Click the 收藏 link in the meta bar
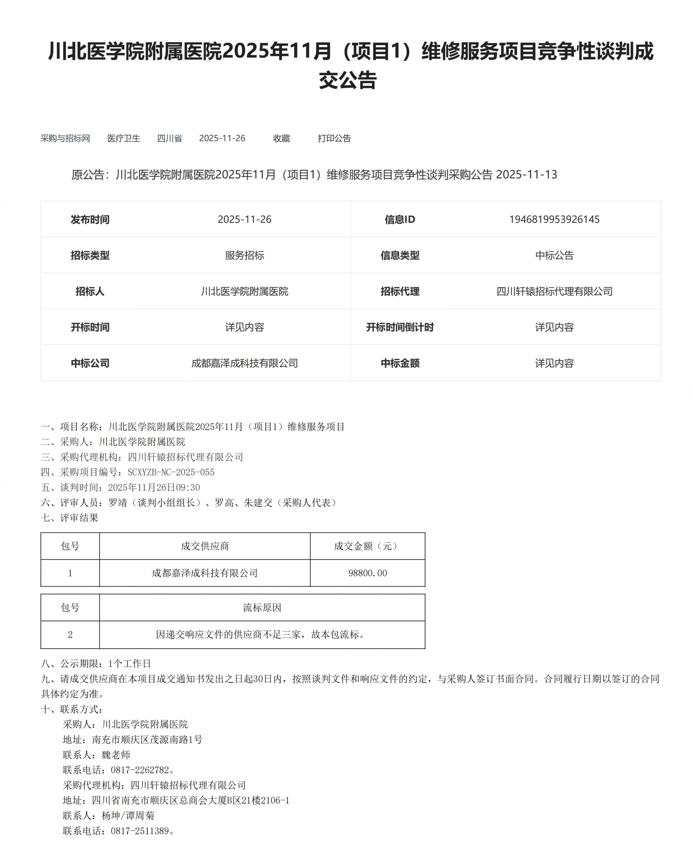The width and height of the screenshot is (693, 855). [281, 138]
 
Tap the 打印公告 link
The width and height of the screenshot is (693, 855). [334, 138]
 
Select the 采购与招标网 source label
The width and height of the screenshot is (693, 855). [65, 138]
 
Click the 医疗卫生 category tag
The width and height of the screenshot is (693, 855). [124, 138]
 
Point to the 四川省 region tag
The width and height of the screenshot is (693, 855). [170, 138]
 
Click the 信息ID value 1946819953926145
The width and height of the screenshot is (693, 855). [554, 219]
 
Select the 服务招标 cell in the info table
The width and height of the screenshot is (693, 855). [244, 255]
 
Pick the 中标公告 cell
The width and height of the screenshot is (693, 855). [554, 255]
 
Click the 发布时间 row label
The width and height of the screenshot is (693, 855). [90, 219]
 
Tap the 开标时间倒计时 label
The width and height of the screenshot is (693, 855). [400, 327]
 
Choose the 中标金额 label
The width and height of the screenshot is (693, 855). [400, 363]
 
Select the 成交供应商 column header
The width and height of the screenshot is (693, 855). [205, 546]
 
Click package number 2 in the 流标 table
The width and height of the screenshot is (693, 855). [70, 634]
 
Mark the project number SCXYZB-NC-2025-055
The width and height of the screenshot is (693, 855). [171, 472]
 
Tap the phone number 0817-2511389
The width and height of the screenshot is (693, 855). [140, 831]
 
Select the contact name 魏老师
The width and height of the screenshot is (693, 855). [116, 755]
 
